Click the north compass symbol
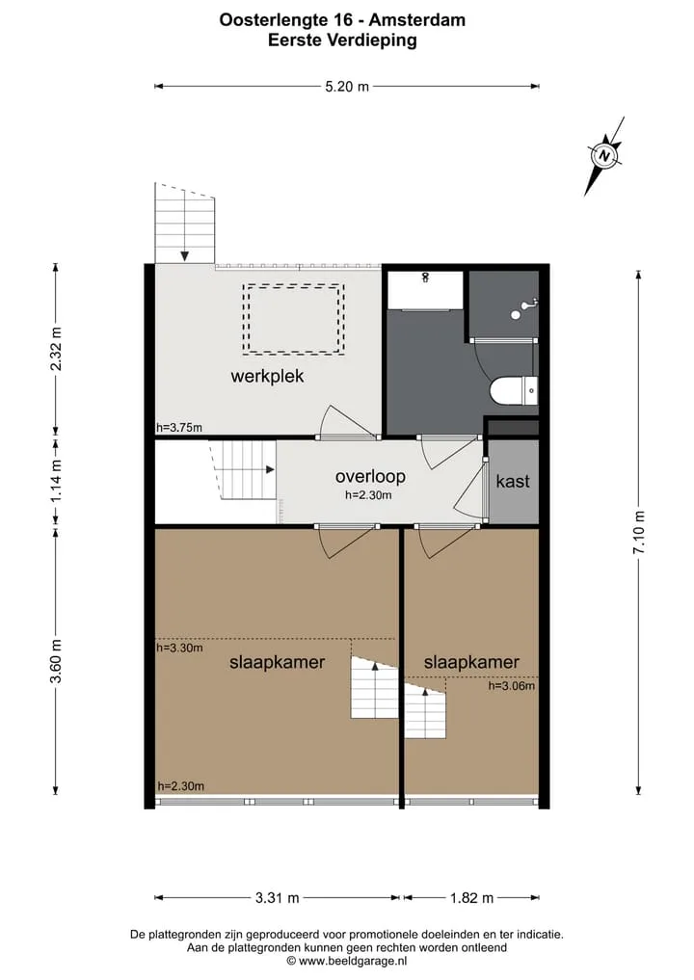point(604,156)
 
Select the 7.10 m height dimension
point(639,532)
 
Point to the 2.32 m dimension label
point(56,348)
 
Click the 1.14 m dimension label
point(56,480)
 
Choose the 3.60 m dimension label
point(56,661)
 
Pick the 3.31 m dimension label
point(277,898)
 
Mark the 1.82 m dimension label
point(472,898)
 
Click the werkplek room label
point(267,376)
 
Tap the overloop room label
point(370,476)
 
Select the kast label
point(513,481)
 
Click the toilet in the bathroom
point(514,390)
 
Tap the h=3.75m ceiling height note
point(179,428)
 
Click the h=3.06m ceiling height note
point(512,686)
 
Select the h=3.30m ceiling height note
point(179,649)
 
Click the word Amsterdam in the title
point(417,20)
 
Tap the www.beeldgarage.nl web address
point(353,961)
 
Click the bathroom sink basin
point(425,289)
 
